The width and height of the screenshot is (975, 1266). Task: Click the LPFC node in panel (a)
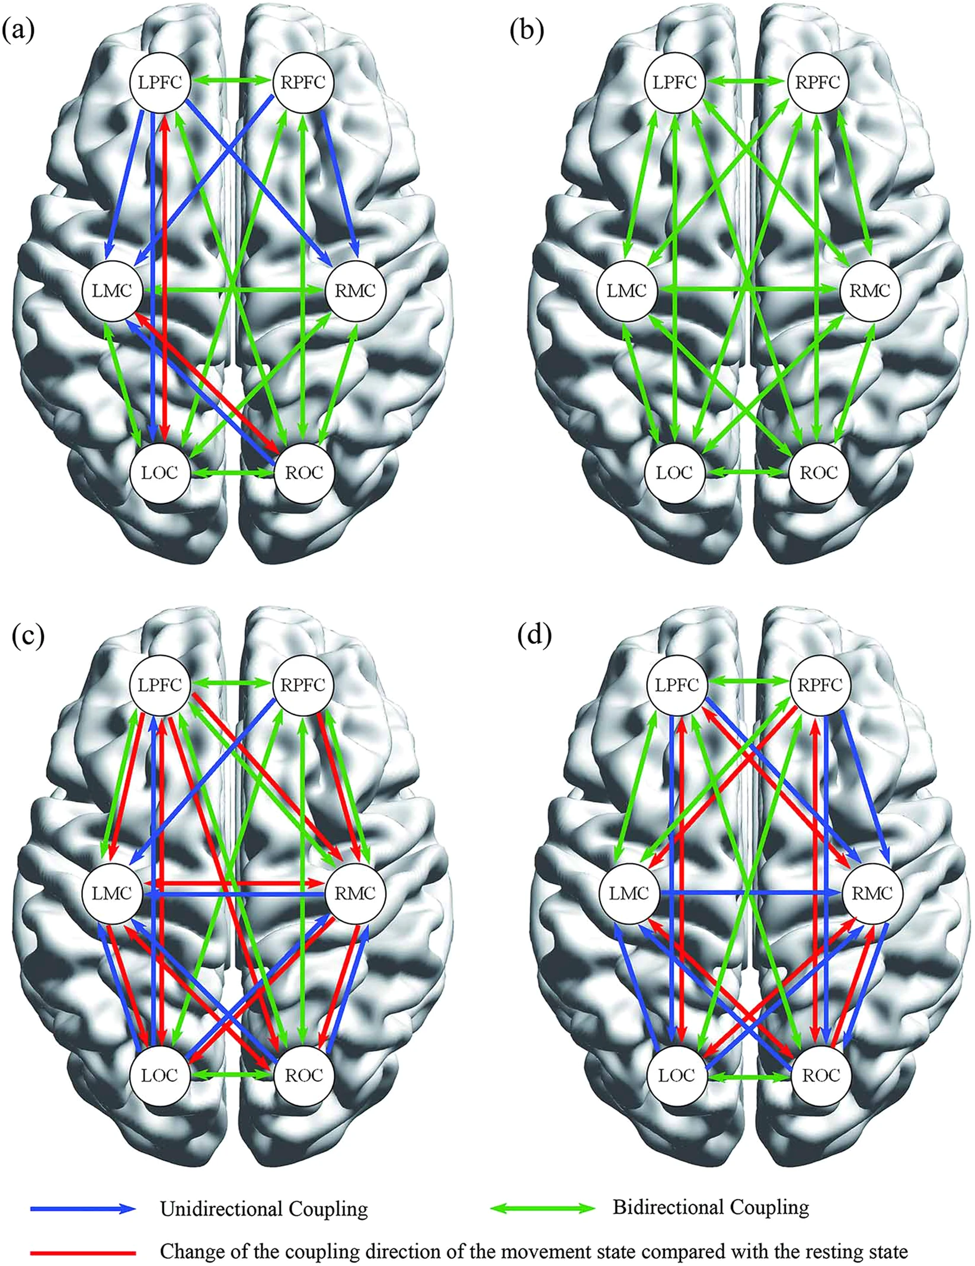[x=160, y=82]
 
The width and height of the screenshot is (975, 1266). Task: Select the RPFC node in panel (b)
[x=819, y=82]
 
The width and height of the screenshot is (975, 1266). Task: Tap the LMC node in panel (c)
[x=113, y=893]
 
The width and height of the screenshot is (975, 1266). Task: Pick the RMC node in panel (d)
[x=872, y=893]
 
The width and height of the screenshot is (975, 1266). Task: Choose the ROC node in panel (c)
[x=304, y=1075]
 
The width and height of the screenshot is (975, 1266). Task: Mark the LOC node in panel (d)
[x=676, y=1075]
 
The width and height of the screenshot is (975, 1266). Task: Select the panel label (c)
[x=27, y=635]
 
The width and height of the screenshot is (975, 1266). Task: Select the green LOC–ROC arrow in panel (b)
[x=747, y=473]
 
